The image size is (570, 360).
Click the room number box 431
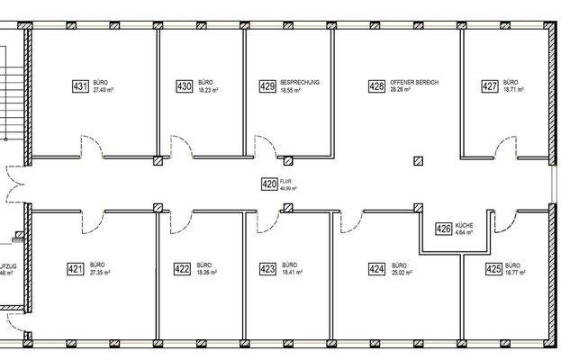(x=79, y=86)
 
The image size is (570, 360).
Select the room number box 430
(x=185, y=86)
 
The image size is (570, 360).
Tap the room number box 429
(x=267, y=86)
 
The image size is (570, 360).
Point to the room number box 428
(x=376, y=86)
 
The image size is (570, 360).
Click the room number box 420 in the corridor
(x=268, y=184)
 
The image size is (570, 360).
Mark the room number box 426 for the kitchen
(x=443, y=229)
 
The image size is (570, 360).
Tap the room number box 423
(x=267, y=268)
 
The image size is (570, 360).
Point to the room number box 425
(x=493, y=268)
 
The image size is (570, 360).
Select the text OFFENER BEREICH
(x=414, y=83)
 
